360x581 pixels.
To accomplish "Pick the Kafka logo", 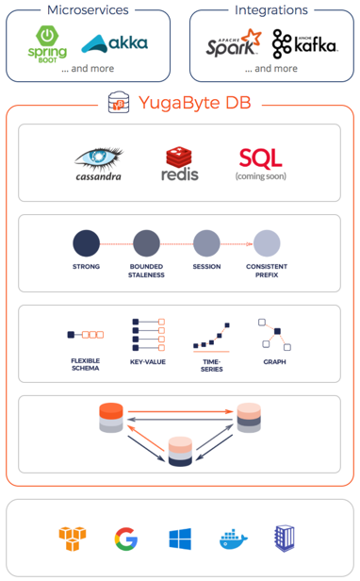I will pos(304,43).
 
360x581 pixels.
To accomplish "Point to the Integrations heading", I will pos(270,10).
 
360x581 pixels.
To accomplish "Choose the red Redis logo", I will pos(181,162).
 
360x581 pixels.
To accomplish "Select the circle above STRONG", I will pos(86,243).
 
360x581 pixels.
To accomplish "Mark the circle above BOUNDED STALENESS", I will pos(146,243).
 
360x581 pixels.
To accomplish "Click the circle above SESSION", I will pos(206,243).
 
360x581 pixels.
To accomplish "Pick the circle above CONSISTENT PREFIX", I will pos(267,243).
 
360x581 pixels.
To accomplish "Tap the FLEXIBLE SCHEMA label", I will pos(85,364).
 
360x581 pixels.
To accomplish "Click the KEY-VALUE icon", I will pos(148,335).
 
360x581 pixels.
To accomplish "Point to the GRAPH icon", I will pos(273,334).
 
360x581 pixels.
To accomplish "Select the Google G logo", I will pos(125,539).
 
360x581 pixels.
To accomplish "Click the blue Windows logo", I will pos(179,539).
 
